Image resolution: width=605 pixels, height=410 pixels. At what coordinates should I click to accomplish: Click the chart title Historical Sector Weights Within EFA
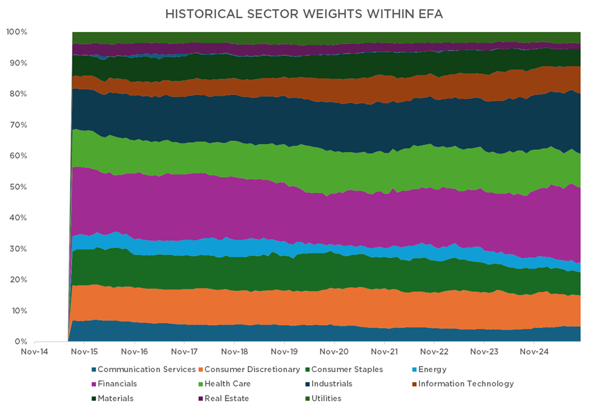pos(302,13)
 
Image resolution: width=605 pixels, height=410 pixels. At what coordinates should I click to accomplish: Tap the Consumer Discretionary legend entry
pos(253,369)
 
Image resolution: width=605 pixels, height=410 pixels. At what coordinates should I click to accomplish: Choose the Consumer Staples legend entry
pos(348,369)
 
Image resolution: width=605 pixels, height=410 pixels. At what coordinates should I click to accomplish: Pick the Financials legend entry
pos(117,384)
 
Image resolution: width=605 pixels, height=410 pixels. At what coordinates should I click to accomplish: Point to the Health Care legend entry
pos(227,384)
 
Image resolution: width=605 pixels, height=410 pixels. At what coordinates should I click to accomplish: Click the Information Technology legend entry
pos(466,384)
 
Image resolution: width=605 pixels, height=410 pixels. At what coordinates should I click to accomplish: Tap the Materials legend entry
pos(115,398)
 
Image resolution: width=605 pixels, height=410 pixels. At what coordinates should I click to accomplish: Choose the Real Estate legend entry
pos(227,398)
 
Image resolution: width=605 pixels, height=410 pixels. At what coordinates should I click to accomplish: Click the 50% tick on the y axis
pos(17,187)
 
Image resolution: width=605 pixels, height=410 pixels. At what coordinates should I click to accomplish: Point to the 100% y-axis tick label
pos(16,31)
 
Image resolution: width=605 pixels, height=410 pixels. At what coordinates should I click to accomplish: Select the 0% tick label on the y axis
pos(20,342)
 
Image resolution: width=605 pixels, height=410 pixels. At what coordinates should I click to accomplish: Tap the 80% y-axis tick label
pos(17,94)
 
